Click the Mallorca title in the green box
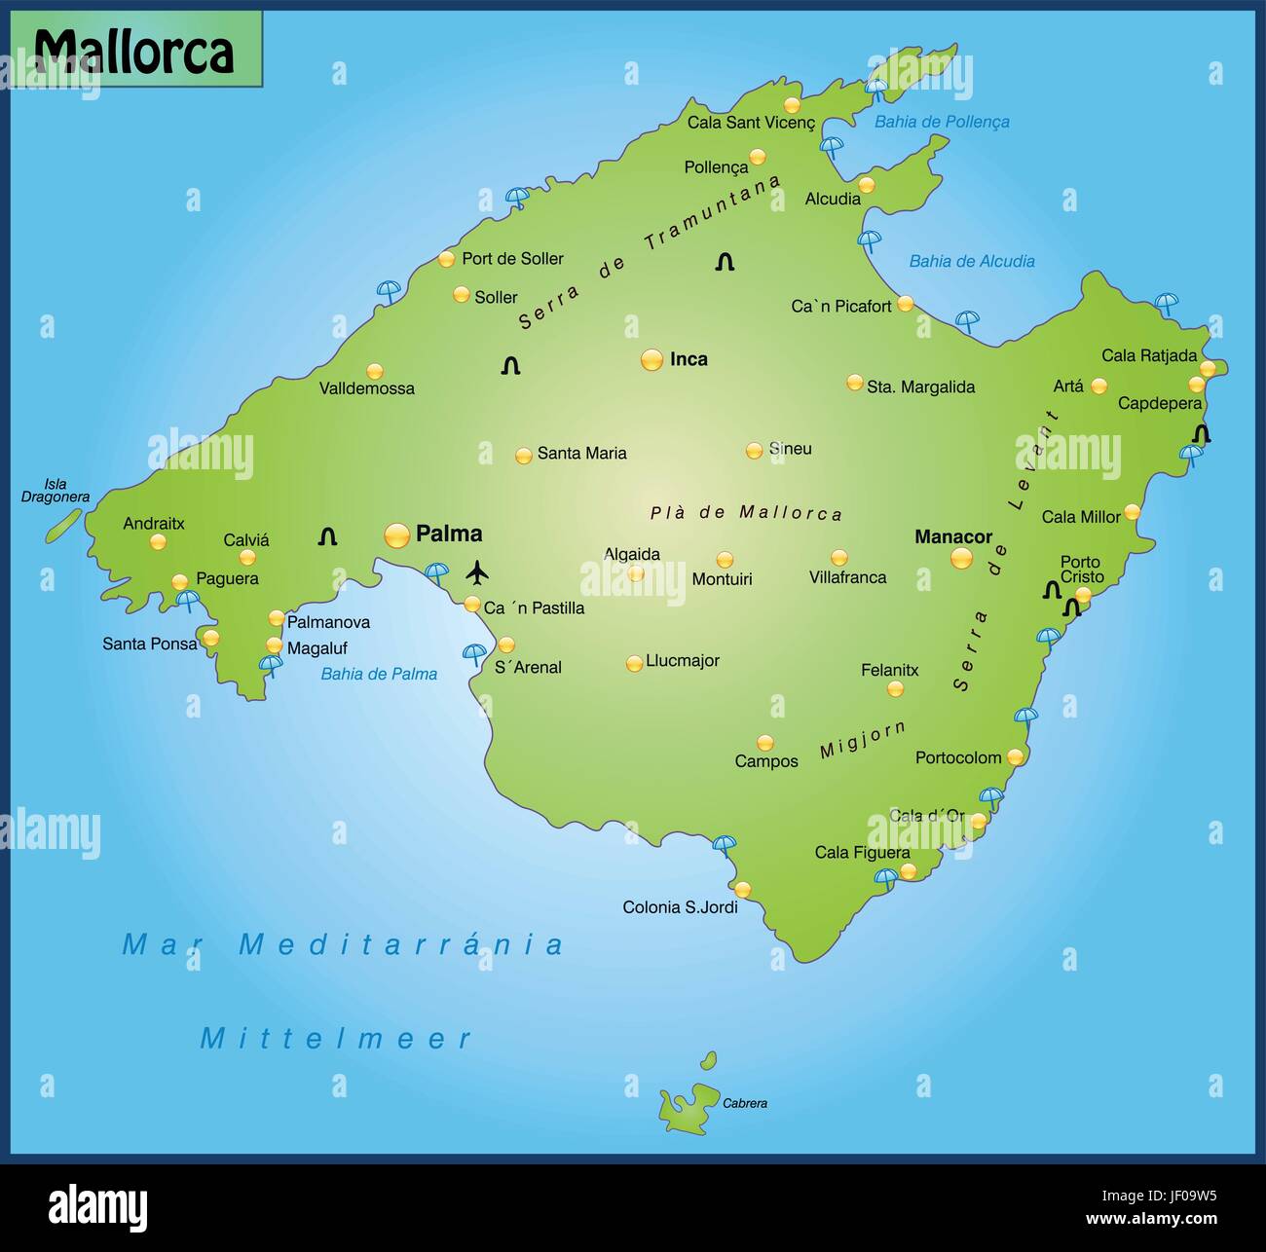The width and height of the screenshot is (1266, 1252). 134,51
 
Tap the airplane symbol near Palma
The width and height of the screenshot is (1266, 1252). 476,572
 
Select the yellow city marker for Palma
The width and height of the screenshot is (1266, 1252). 397,535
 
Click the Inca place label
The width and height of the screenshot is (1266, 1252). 689,359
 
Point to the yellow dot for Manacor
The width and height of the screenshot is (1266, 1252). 961,558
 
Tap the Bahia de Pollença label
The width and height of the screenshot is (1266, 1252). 942,122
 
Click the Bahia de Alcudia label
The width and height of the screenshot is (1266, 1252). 971,261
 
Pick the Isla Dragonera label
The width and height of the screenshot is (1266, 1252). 56,491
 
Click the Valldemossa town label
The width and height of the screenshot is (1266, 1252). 367,388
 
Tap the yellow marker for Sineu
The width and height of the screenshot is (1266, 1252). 754,451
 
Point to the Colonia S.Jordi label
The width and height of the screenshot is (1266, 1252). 680,907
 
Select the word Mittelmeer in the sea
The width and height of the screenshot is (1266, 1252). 336,1039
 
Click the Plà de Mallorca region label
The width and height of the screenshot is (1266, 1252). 746,513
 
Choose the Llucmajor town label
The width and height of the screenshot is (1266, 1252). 683,660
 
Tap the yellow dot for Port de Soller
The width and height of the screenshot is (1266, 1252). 446,259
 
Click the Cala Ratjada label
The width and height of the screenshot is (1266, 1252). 1149,355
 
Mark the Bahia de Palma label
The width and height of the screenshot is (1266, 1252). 379,674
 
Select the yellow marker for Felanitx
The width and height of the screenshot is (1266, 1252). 895,689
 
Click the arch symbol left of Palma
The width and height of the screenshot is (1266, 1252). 327,536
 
